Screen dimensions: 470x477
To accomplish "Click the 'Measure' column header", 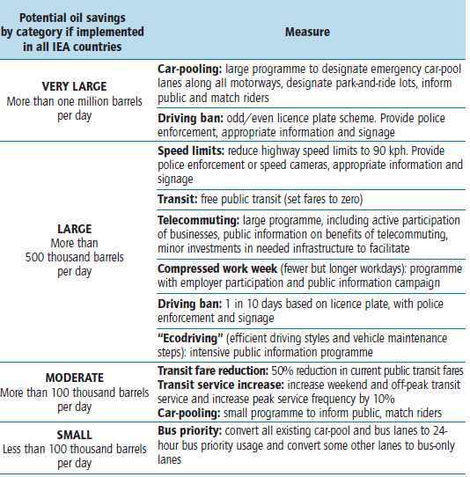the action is (x=307, y=32).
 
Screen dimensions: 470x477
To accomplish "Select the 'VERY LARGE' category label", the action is (x=75, y=86).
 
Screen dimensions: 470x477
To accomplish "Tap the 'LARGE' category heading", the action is (x=75, y=229).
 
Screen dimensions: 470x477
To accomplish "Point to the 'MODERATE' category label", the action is (x=75, y=378).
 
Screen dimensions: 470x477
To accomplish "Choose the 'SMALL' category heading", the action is (x=75, y=435).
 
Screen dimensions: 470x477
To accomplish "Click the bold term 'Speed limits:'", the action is (x=191, y=150).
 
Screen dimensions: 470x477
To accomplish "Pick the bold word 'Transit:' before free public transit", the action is (x=178, y=199).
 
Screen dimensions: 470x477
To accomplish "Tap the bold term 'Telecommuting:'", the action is (x=198, y=221).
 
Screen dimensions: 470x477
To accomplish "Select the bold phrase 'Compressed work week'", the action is (x=217, y=269).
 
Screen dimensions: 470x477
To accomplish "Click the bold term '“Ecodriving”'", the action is (x=190, y=338).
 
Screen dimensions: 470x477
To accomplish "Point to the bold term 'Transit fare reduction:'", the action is (x=213, y=371).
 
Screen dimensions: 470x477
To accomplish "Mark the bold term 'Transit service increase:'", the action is (x=221, y=385).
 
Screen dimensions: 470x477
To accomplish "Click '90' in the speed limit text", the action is (x=379, y=150).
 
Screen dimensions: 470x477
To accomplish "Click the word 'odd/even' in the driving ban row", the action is (x=249, y=118).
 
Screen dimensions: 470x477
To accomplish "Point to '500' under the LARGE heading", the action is (x=34, y=257).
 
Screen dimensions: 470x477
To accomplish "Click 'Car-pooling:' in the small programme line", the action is (x=189, y=413).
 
